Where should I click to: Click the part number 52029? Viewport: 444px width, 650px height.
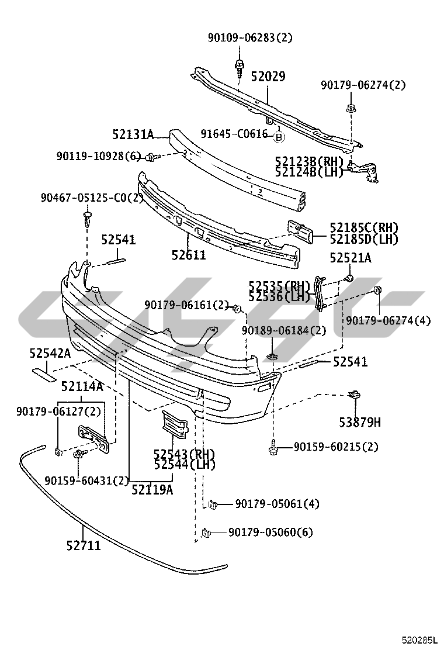268,77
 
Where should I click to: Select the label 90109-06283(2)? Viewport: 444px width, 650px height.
250,38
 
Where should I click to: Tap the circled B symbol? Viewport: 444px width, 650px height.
279,137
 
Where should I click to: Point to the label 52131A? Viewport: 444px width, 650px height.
133,135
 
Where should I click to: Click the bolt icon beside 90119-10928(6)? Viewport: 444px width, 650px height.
151,156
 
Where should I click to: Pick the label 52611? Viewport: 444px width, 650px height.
189,255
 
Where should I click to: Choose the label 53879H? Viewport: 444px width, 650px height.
360,421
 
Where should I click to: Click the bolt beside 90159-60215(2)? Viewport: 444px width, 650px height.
273,447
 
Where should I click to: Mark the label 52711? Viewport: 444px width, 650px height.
83,546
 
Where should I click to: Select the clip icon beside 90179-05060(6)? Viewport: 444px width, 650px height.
205,532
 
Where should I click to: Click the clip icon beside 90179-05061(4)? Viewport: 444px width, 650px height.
213,503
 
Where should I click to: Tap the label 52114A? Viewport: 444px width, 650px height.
82,386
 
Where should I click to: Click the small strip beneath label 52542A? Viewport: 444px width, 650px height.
41,369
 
